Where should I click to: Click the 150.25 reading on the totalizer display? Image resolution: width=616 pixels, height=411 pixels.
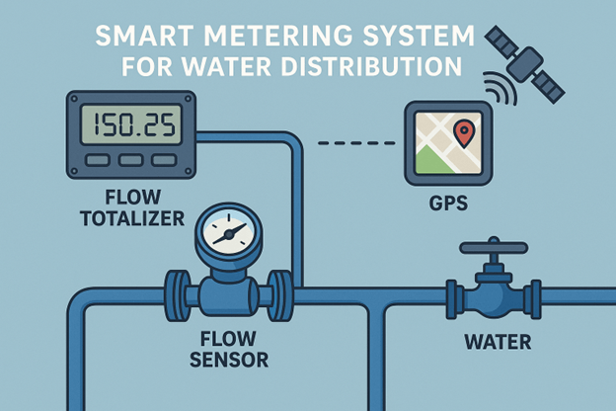[132, 124]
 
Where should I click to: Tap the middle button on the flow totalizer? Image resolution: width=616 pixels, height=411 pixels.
[131, 160]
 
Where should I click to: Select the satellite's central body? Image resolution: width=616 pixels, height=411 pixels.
[524, 64]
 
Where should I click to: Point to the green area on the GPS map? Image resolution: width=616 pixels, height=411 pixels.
[431, 159]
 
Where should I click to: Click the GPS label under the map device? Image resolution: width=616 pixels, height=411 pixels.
[448, 204]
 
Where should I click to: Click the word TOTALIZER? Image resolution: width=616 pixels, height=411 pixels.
[132, 218]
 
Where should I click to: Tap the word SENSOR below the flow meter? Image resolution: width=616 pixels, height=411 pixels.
[229, 360]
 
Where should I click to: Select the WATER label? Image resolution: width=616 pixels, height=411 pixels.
[498, 342]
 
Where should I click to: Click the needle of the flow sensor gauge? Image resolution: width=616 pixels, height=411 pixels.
[229, 233]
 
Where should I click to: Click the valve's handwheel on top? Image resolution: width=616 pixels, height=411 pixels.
[494, 247]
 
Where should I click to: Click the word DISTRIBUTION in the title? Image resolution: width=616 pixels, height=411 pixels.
[371, 66]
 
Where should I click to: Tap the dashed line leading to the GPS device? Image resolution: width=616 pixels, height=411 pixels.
[356, 143]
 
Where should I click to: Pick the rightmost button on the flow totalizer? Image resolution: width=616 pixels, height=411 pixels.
[164, 160]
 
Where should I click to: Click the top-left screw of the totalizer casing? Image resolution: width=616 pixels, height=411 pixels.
[73, 98]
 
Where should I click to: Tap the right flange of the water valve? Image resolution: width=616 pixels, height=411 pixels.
[536, 299]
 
